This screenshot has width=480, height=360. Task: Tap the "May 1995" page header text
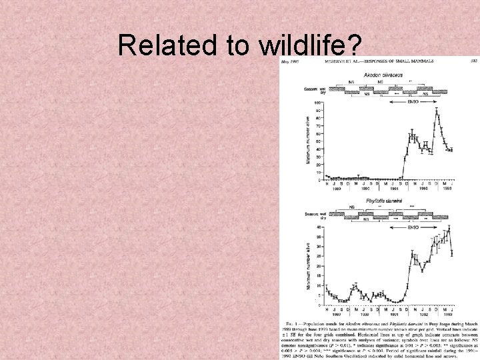click(x=291, y=60)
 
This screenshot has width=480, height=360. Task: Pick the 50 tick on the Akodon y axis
click(x=319, y=141)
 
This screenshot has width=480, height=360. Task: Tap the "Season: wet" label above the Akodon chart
click(x=313, y=89)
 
